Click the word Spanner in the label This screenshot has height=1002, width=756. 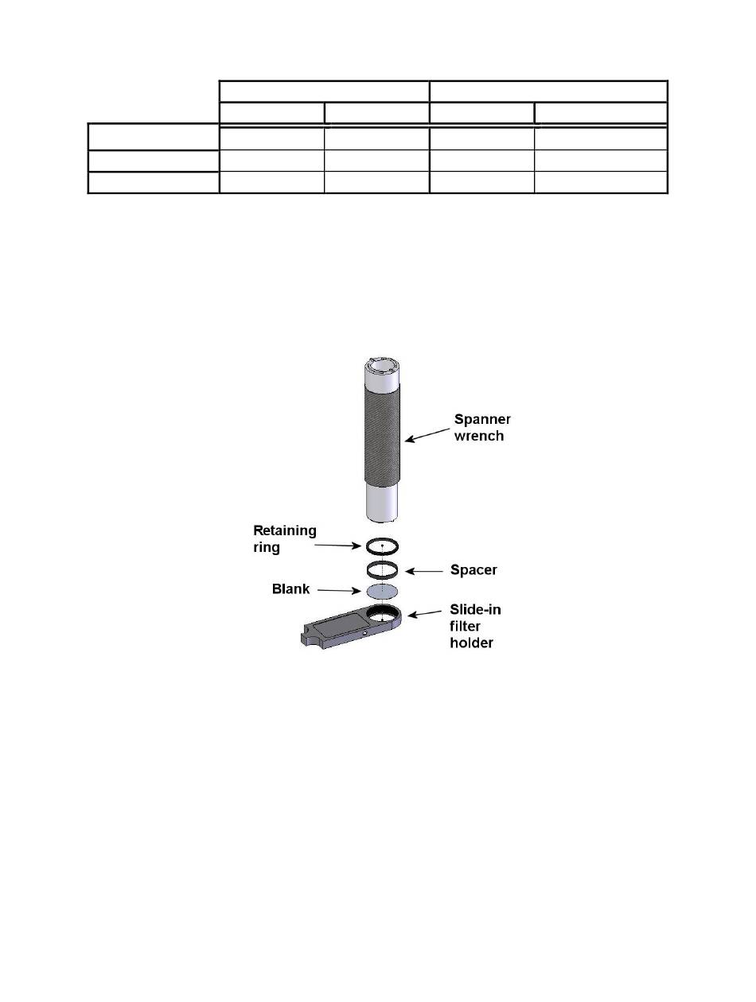482,420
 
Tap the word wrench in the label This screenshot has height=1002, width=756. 479,436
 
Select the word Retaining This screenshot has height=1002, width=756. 285,531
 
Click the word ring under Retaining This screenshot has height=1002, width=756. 267,547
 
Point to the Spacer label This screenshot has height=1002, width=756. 473,569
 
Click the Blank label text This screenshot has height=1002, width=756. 290,589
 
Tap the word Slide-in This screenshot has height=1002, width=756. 475,609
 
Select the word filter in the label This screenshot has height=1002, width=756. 465,626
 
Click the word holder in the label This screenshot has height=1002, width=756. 471,643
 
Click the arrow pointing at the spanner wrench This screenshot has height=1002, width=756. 427,435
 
